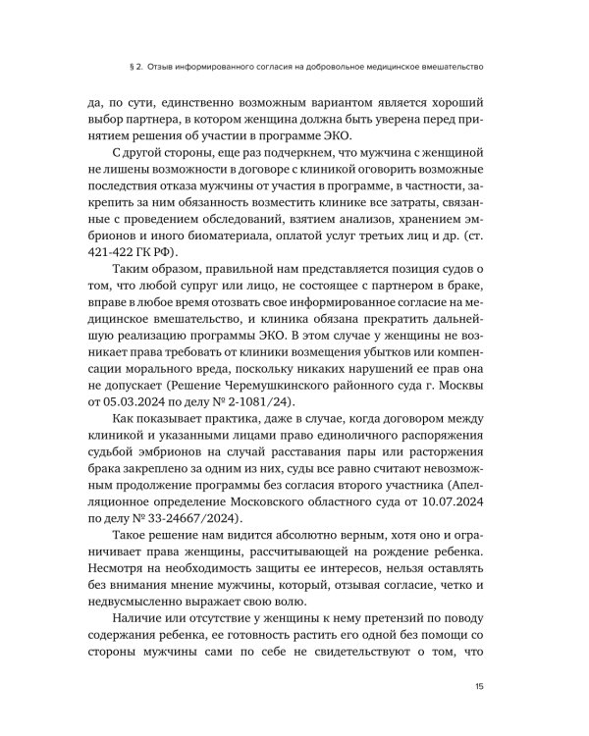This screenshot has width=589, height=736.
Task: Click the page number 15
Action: tap(478, 686)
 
